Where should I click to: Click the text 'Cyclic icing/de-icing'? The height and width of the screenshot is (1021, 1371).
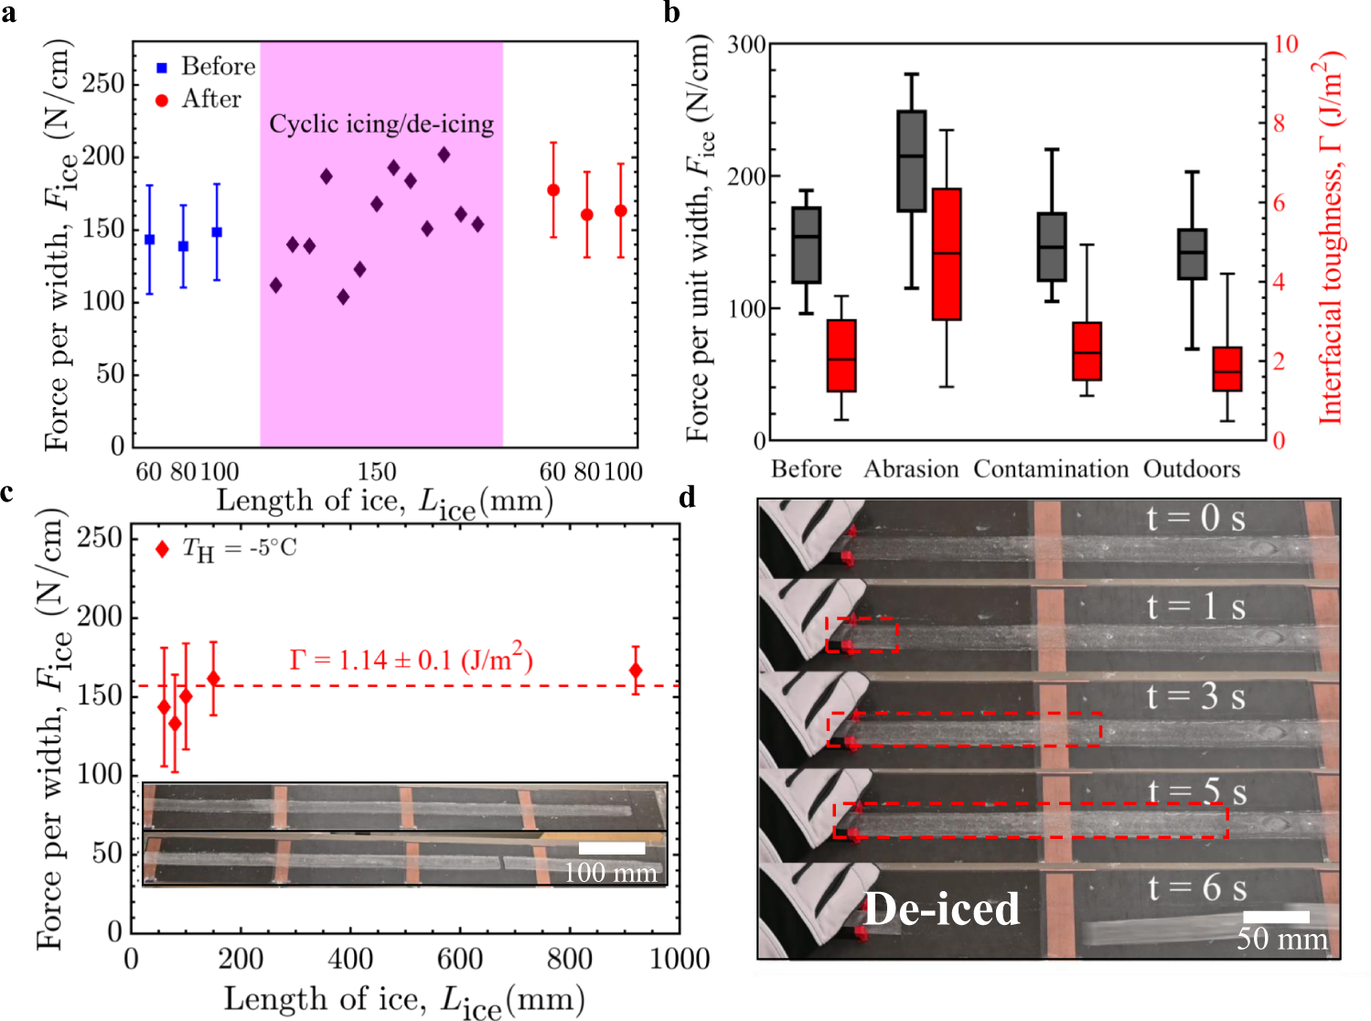tap(381, 124)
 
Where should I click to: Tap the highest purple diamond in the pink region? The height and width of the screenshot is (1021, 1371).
tap(444, 155)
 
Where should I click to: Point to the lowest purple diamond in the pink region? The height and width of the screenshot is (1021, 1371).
tap(343, 296)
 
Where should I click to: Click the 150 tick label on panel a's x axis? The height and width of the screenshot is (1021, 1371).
tap(376, 472)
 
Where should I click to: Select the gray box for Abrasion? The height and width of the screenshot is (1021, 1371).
tap(911, 161)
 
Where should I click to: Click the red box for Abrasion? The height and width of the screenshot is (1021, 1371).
tap(947, 253)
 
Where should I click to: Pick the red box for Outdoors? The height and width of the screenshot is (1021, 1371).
tap(1227, 369)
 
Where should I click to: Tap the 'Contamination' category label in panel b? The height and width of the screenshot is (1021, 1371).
tap(1051, 469)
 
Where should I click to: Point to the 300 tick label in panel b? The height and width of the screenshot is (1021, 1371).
tap(746, 45)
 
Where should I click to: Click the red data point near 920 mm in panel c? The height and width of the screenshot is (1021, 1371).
tap(636, 671)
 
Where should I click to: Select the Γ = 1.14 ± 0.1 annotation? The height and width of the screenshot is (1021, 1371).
tap(411, 659)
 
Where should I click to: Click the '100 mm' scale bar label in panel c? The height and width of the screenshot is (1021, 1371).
tap(610, 872)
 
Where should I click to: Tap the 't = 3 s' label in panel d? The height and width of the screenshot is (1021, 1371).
tap(1195, 697)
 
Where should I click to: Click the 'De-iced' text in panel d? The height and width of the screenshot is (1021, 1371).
tap(942, 909)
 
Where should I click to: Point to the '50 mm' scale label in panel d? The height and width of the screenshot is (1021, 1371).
tap(1281, 939)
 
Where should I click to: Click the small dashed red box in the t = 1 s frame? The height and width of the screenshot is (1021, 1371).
tap(862, 634)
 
